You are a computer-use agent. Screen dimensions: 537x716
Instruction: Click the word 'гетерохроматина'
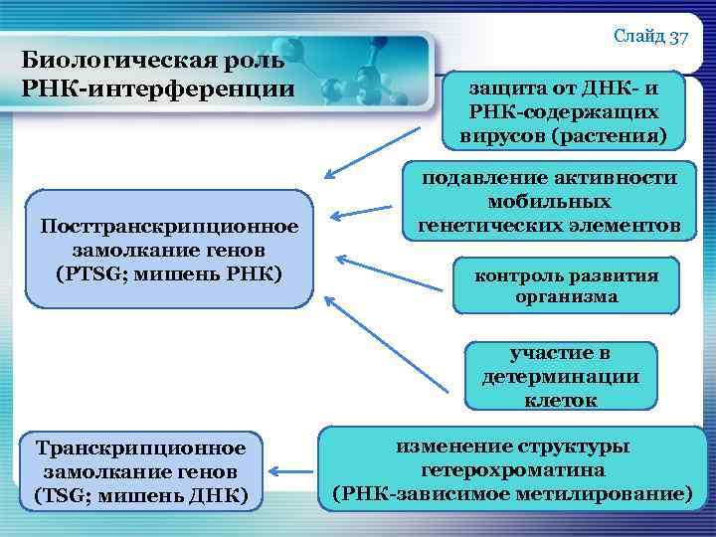[511, 469]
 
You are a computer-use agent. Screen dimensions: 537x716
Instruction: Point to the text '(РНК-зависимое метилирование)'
[511, 492]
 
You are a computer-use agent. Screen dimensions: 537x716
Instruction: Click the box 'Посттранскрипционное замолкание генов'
[169, 250]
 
